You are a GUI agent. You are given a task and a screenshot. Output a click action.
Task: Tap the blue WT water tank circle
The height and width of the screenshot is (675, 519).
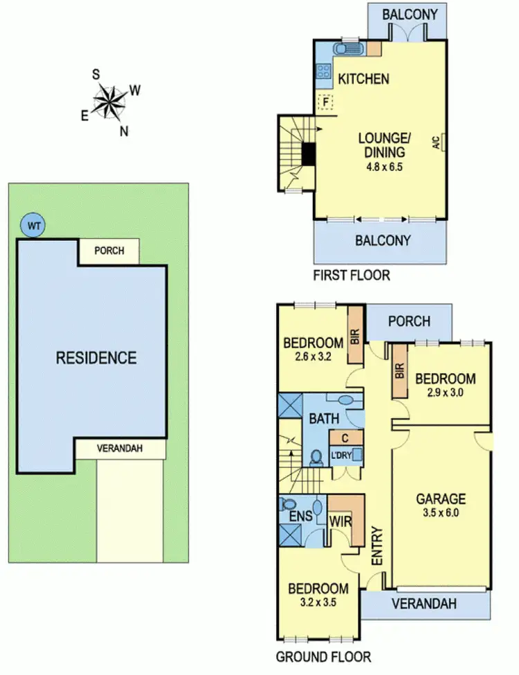point(31,225)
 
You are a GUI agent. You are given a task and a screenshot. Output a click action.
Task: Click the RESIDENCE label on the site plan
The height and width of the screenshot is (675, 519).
point(96,358)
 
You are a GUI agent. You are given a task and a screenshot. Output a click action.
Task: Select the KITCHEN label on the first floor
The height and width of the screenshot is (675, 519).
point(363,79)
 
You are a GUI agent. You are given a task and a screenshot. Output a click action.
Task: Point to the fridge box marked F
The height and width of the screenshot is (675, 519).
point(324,102)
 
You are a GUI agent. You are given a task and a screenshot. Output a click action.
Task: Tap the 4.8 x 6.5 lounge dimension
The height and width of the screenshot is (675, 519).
point(385,166)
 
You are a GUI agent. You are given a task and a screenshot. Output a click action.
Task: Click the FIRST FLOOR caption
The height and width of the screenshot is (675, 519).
point(352,276)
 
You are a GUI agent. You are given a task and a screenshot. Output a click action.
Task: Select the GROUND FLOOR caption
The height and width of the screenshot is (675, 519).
point(323,656)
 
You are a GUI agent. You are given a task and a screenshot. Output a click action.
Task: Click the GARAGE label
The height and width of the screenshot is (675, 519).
point(441,498)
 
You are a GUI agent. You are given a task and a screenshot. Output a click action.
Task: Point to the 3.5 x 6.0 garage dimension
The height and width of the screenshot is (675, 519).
point(441,514)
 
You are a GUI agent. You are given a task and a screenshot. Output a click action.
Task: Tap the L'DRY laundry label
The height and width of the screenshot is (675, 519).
point(341,455)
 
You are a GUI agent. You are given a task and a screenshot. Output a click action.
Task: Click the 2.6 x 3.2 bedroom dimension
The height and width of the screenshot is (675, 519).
point(313,358)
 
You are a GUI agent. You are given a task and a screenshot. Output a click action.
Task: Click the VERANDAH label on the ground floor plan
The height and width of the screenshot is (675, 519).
point(424,604)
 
